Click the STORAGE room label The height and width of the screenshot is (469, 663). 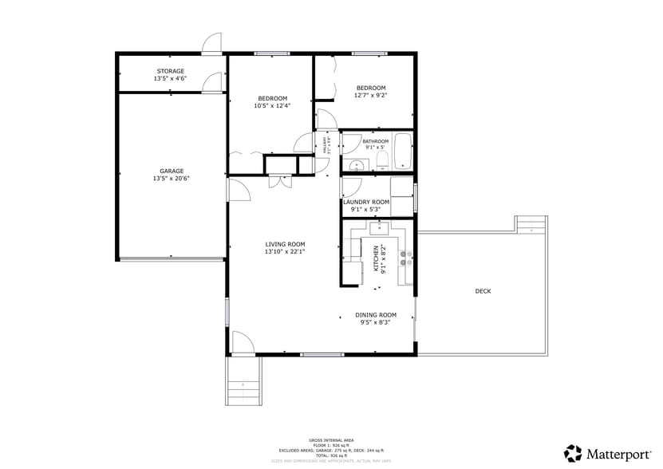coord(170,71)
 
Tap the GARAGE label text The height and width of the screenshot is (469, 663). coord(172,171)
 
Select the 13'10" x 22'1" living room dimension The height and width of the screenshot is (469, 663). coord(285,251)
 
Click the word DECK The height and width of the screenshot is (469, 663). coord(483,291)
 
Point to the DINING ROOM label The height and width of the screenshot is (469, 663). coord(376,315)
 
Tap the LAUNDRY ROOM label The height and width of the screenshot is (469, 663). coord(366,202)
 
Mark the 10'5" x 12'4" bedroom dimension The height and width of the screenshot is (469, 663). coord(272,105)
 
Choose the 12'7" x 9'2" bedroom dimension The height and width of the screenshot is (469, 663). coord(371,95)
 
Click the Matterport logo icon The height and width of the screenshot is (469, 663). coord(573,453)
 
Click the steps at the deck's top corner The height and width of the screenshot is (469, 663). coord(531,224)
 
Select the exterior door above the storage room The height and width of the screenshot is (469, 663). coord(211,45)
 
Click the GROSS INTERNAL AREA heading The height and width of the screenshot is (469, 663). coord(331,440)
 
